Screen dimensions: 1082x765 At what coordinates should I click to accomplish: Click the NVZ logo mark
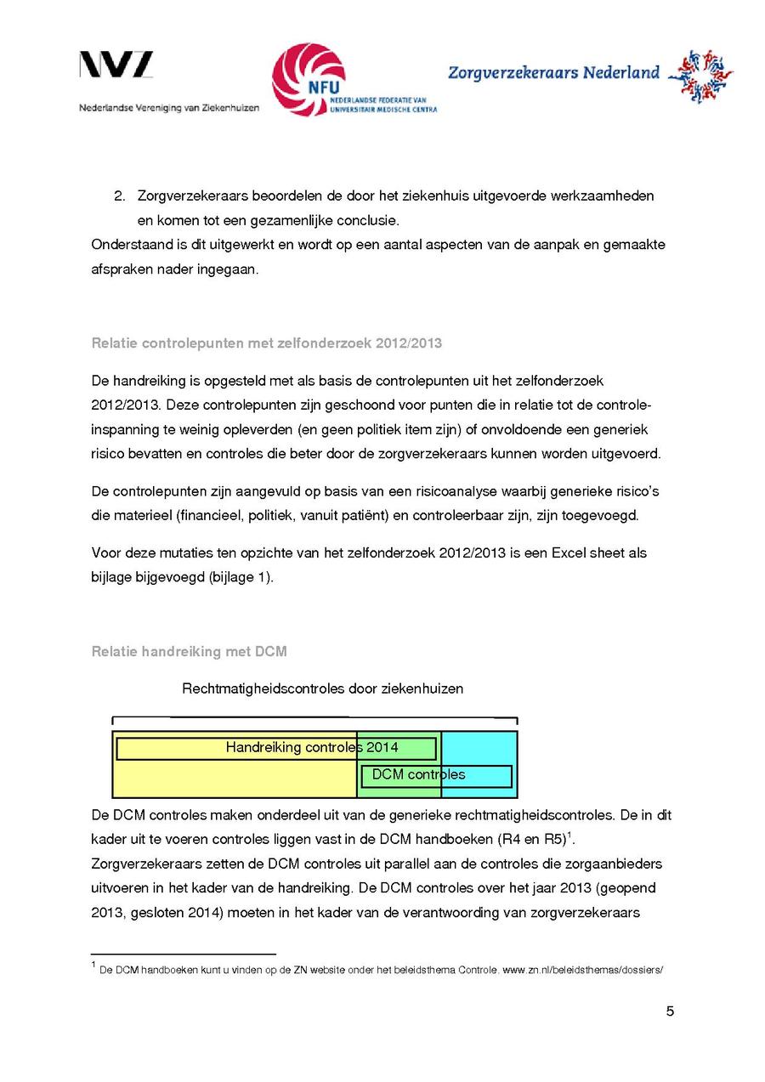click(x=116, y=65)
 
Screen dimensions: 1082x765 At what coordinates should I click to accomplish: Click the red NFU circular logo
click(x=309, y=80)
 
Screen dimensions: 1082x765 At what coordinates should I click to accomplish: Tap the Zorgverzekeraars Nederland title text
click(x=553, y=72)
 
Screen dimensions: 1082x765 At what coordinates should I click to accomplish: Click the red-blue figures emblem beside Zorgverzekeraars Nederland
click(x=700, y=76)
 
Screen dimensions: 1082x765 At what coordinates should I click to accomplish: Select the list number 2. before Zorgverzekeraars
click(x=120, y=196)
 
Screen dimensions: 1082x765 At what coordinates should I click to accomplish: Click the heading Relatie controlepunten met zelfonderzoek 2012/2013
click(x=266, y=343)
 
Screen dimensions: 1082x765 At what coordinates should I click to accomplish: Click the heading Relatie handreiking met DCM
click(x=189, y=652)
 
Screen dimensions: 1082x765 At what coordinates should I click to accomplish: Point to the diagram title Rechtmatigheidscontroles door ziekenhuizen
click(x=322, y=688)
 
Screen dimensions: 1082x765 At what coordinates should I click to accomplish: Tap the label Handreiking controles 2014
click(x=311, y=748)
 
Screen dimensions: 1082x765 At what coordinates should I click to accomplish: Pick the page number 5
click(x=670, y=1011)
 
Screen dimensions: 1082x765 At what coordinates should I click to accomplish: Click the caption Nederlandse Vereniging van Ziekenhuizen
click(x=169, y=108)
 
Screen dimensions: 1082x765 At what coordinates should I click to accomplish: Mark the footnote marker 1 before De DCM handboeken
click(x=93, y=965)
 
